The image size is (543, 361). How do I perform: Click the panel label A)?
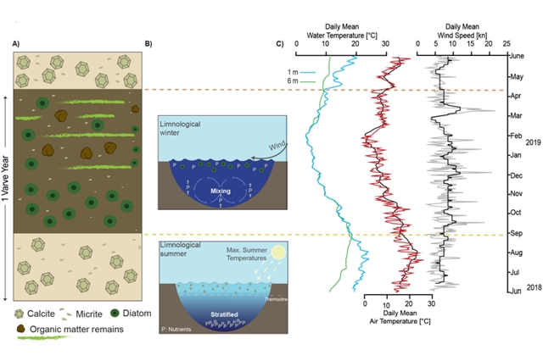tap(17, 43)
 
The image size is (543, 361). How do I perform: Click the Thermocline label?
tap(274, 295)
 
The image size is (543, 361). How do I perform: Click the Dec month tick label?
tap(515, 175)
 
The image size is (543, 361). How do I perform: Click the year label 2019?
tap(534, 143)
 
